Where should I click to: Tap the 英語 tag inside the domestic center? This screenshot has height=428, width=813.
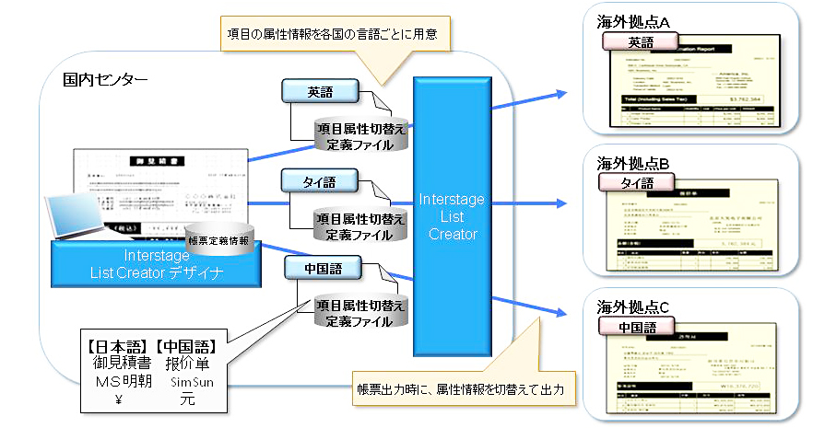click(320, 92)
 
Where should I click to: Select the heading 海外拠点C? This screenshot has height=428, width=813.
click(632, 307)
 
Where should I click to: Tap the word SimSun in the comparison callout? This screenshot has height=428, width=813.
click(187, 383)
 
